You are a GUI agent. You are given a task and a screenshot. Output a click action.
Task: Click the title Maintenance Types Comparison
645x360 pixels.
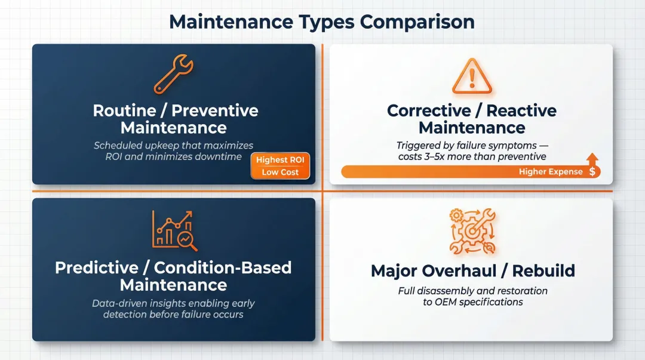point(322,21)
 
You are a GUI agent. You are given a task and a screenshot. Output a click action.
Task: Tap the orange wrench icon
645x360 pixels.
point(173,75)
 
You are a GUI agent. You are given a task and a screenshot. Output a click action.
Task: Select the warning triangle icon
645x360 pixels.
point(472,77)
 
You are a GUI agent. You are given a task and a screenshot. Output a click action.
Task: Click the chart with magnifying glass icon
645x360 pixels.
point(174,230)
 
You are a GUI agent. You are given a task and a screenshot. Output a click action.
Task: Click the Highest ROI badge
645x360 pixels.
point(279,159)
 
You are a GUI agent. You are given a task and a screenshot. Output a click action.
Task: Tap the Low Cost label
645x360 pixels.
point(279,172)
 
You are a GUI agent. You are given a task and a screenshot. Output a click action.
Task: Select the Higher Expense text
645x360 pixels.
point(551,172)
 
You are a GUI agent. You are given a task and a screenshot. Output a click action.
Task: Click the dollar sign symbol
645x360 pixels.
point(592,172)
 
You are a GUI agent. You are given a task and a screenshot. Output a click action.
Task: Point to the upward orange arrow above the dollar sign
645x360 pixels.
point(592,159)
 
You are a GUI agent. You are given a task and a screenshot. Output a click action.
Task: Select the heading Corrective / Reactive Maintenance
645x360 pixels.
point(472,119)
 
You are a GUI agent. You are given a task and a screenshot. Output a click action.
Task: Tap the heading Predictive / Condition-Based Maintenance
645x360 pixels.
point(173,276)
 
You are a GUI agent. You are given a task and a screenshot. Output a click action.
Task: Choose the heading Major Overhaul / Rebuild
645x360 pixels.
point(472,270)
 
